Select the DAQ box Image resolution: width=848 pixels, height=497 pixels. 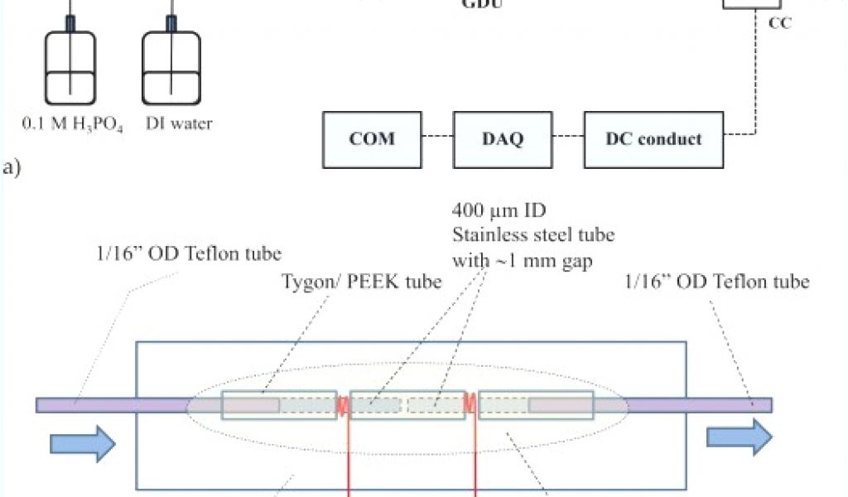pos(503,138)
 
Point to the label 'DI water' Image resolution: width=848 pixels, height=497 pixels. pos(179,124)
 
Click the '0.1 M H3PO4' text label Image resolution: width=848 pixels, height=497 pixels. pos(72,125)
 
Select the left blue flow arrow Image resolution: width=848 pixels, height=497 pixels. pos(83,444)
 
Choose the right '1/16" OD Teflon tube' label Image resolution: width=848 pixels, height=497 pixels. pos(718,282)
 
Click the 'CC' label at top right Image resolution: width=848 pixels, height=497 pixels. pos(779,24)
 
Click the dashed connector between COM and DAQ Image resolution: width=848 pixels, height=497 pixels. pos(436,138)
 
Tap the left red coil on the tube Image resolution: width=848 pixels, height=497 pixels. pos(342,405)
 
